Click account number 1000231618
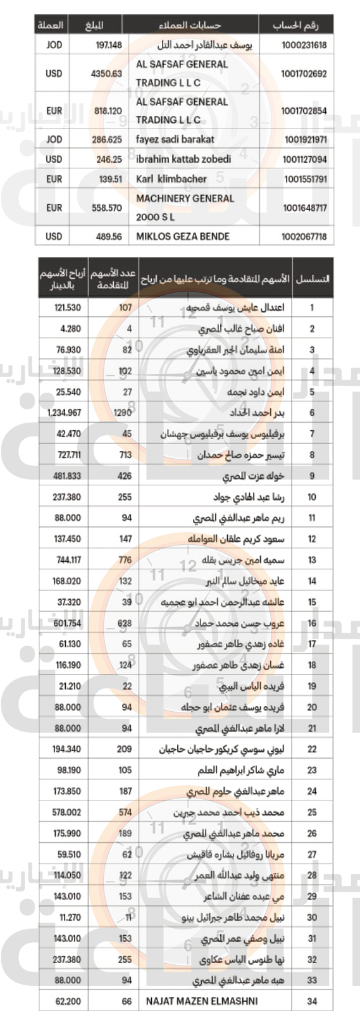click(304, 45)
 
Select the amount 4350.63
click(106, 73)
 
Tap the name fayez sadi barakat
click(175, 139)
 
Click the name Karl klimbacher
click(171, 179)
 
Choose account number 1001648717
click(305, 208)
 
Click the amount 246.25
click(109, 159)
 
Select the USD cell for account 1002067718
click(54, 237)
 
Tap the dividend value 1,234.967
click(64, 413)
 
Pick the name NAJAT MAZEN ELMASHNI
click(196, 1001)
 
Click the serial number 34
click(311, 1001)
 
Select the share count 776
click(125, 560)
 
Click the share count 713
click(125, 455)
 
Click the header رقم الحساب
click(295, 25)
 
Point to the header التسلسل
click(313, 279)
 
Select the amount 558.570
click(106, 208)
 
